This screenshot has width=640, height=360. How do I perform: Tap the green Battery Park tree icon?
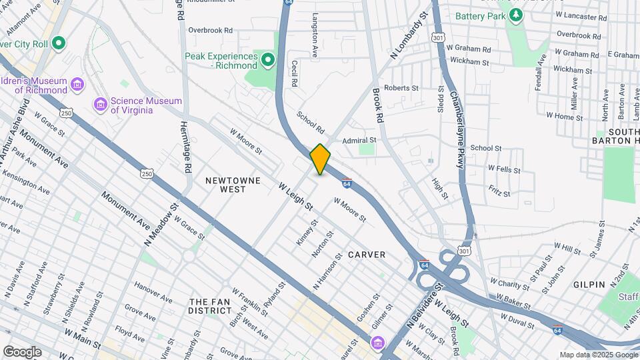514,16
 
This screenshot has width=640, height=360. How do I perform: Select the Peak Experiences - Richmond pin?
268,61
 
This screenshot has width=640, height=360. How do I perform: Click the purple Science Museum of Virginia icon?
101,105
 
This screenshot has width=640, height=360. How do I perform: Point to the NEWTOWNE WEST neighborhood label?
225,185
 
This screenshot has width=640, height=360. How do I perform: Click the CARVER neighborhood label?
366,255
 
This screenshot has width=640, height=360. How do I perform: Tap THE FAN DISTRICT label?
209,306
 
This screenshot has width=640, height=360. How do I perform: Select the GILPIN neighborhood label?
589,284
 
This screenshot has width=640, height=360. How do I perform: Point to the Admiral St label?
359,141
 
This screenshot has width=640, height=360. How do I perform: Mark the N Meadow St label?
161,226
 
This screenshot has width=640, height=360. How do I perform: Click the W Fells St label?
503,169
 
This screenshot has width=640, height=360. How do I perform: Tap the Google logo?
21,352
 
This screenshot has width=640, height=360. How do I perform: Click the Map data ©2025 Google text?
598,355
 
